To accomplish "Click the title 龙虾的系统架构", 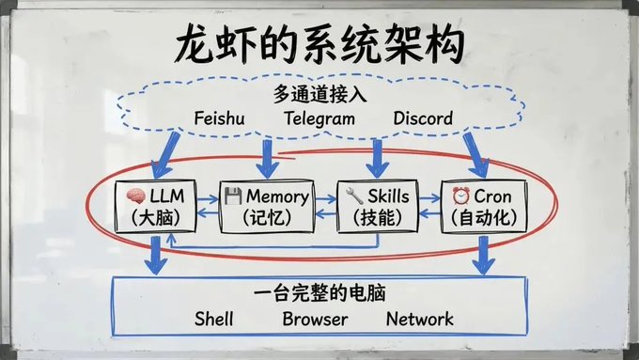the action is click(320, 44).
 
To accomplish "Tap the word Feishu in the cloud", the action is click(219, 118).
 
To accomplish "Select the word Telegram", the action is click(319, 119).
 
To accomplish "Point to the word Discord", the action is click(423, 118).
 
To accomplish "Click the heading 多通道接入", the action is click(319, 95).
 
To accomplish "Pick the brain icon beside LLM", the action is click(135, 196).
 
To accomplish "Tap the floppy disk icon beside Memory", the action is click(233, 196).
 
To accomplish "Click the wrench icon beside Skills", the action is click(354, 196).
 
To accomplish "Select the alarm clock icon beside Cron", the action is click(460, 196).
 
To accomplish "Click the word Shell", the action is click(214, 319).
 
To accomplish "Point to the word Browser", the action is click(315, 319).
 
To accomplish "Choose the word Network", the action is click(420, 319).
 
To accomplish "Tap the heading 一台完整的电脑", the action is click(319, 293).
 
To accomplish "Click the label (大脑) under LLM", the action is click(155, 218).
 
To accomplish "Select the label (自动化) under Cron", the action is click(484, 217).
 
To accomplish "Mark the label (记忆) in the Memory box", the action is click(267, 218).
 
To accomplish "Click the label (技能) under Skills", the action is click(378, 218).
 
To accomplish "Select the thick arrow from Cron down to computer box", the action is click(484, 256).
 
